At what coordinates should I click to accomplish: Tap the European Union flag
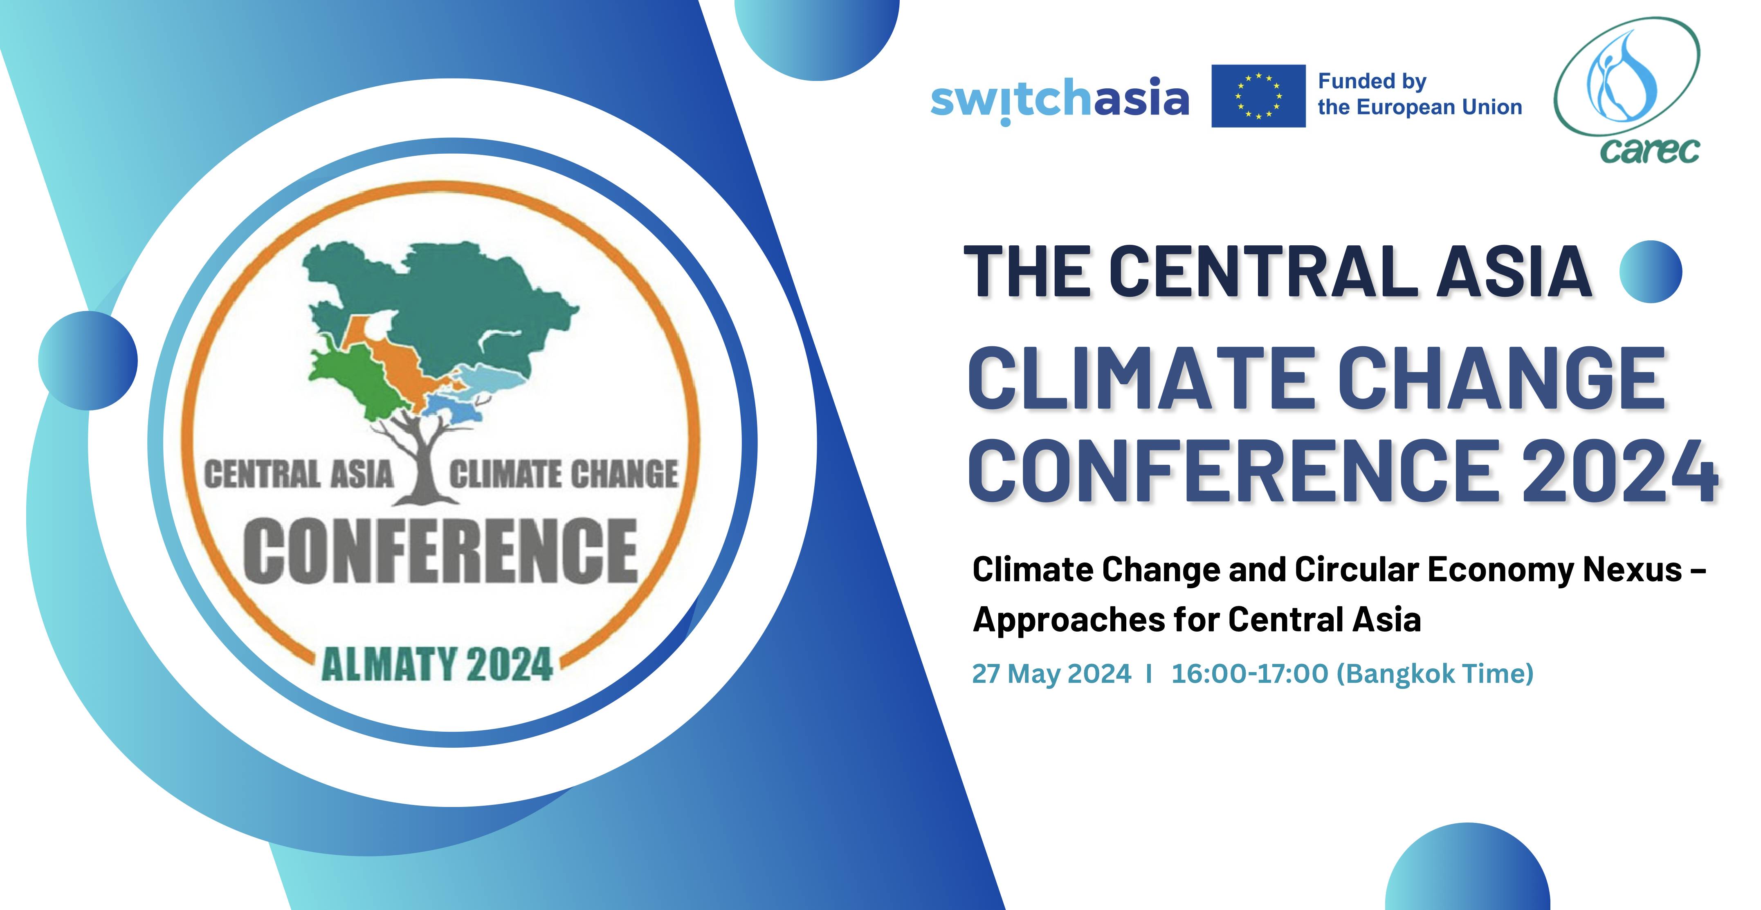(x=1258, y=96)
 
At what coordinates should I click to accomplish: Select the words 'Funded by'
(x=1371, y=81)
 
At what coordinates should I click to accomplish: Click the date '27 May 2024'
(x=1051, y=674)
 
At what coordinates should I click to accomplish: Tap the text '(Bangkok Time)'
(x=1435, y=674)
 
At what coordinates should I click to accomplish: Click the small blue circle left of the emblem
(x=88, y=361)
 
